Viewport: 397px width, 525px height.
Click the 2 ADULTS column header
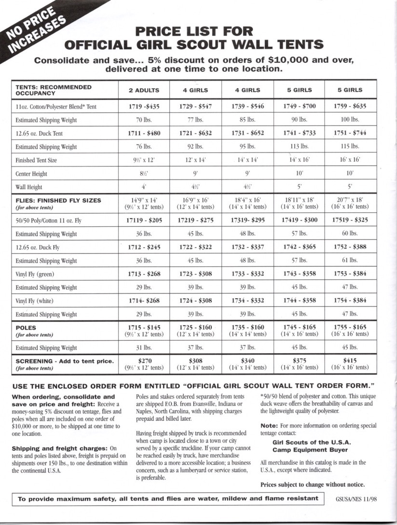coord(144,90)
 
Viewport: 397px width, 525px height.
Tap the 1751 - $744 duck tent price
coord(350,133)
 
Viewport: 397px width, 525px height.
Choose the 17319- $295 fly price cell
coord(247,220)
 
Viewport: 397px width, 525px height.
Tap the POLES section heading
coord(26,328)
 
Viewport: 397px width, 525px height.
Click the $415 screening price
coord(350,360)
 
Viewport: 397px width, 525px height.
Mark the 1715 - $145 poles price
coord(144,327)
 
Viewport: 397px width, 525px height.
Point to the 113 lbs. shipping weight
coord(299,147)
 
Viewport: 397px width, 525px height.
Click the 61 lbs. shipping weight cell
coord(350,261)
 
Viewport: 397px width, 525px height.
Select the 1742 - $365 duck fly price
coord(299,247)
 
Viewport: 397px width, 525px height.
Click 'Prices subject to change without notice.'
coord(312,484)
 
